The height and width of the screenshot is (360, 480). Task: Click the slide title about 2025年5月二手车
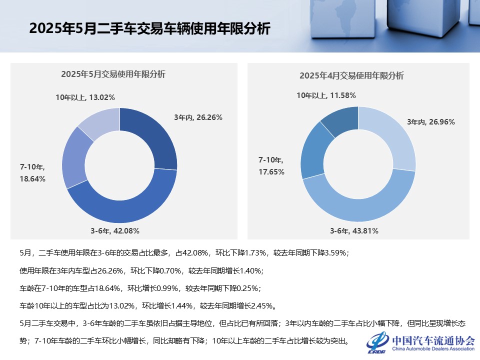[149, 28]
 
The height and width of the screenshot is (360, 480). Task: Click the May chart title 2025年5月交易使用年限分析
[113, 74]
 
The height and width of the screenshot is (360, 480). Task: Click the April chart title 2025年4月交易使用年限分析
[351, 76]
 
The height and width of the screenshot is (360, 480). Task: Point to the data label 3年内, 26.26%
[198, 117]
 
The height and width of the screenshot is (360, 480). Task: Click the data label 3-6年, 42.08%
[115, 231]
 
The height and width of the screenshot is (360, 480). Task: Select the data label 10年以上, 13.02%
[85, 97]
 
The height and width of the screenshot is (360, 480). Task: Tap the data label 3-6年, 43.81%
[354, 231]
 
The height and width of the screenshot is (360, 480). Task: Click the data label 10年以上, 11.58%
[326, 95]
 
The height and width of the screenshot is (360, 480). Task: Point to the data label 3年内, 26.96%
[430, 121]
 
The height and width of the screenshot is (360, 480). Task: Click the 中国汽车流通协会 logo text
[433, 341]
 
